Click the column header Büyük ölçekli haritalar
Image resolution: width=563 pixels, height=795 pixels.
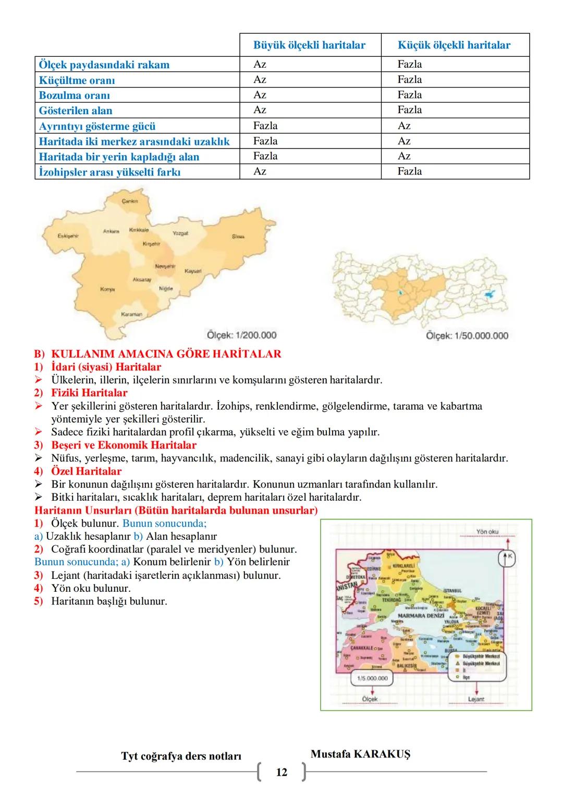(309, 45)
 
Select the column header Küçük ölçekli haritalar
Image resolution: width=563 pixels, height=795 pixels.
(454, 45)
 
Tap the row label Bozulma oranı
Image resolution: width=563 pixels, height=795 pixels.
(75, 95)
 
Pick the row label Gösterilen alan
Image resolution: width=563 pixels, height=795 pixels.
(76, 110)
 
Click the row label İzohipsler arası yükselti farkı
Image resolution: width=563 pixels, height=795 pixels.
(109, 172)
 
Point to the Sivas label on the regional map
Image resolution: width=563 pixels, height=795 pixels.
(238, 236)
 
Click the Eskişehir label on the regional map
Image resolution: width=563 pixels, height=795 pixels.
(68, 236)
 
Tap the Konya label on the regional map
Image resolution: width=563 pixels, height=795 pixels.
(108, 289)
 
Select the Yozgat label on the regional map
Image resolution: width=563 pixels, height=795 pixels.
(180, 233)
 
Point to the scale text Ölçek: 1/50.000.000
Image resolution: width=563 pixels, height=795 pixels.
(467, 336)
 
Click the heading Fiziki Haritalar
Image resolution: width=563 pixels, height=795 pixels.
(89, 393)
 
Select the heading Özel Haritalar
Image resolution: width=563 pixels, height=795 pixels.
(87, 471)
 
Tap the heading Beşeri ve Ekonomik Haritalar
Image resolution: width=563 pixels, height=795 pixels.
(124, 445)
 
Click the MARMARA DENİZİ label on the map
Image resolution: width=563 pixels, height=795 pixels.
(420, 616)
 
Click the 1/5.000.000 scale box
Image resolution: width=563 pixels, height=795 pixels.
(372, 678)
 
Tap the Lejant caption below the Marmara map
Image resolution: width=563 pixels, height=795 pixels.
(476, 699)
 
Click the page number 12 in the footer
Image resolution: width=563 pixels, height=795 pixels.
(281, 772)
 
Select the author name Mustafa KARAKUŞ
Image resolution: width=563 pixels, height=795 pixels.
(360, 754)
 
